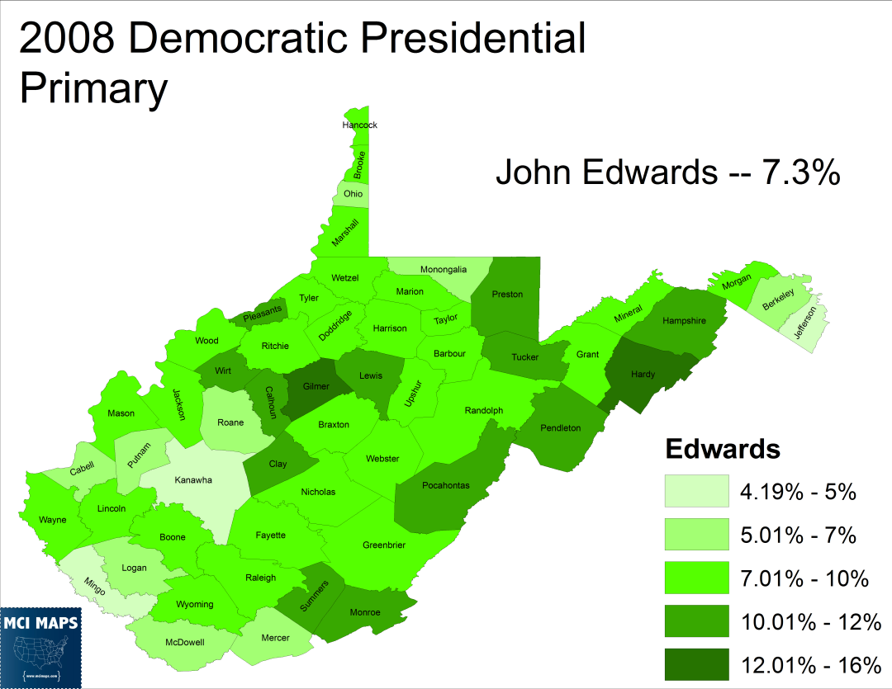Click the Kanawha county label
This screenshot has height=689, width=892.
pyautogui.click(x=193, y=480)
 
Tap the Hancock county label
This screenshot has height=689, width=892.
pyautogui.click(x=359, y=125)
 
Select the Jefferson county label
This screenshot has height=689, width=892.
pyautogui.click(x=805, y=324)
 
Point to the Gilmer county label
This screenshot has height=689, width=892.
pyautogui.click(x=316, y=386)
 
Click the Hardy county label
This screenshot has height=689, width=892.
pyautogui.click(x=643, y=375)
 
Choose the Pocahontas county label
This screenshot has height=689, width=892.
pyautogui.click(x=445, y=485)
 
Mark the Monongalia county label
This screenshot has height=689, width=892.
pyautogui.click(x=443, y=269)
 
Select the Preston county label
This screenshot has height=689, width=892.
pyautogui.click(x=507, y=295)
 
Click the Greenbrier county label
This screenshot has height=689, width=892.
pyautogui.click(x=384, y=545)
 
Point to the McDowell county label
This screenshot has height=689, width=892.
pyautogui.click(x=185, y=641)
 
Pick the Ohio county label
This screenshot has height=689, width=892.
pyautogui.click(x=353, y=194)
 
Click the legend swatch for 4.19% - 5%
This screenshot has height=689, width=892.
pyautogui.click(x=697, y=491)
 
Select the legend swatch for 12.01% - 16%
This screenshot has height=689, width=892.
pyautogui.click(x=697, y=664)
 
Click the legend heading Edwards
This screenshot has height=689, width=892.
pyautogui.click(x=723, y=449)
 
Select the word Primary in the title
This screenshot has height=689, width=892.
pyautogui.click(x=93, y=88)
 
